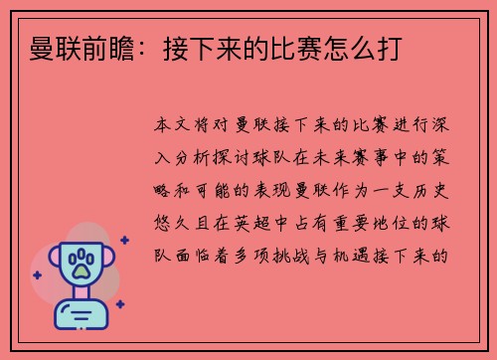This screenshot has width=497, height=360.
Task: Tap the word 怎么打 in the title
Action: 369,46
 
